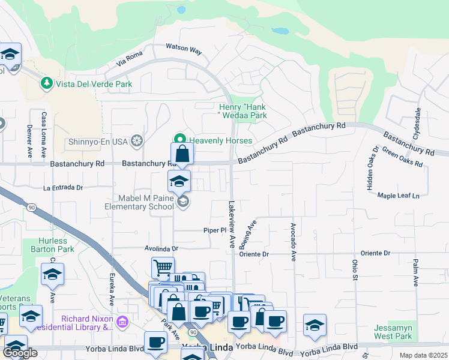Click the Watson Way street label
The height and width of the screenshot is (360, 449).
183,50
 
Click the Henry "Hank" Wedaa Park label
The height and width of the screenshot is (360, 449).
242,111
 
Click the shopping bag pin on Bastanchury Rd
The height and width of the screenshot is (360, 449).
182,155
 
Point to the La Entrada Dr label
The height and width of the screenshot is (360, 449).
63,188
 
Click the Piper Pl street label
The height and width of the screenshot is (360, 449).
214,230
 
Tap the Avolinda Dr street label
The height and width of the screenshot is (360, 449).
161,248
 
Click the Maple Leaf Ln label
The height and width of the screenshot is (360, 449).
398,195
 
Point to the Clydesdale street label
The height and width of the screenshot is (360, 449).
417,122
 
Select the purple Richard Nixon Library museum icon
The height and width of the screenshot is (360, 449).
122,323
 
